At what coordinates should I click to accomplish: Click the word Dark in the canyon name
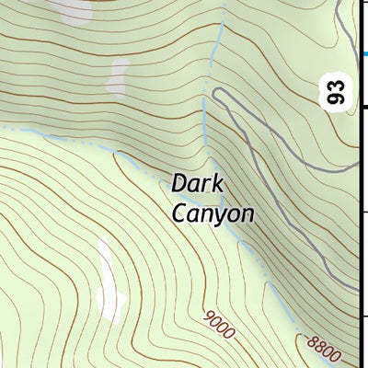point(197,183)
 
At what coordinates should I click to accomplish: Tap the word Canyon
point(213,213)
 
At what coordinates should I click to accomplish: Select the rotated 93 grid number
point(339,92)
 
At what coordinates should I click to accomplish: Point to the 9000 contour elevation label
point(220,323)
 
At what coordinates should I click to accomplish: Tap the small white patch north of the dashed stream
point(117,77)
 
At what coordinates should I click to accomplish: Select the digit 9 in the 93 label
point(339,98)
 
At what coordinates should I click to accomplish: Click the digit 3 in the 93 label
point(339,86)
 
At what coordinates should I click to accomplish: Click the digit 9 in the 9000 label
point(209,316)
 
